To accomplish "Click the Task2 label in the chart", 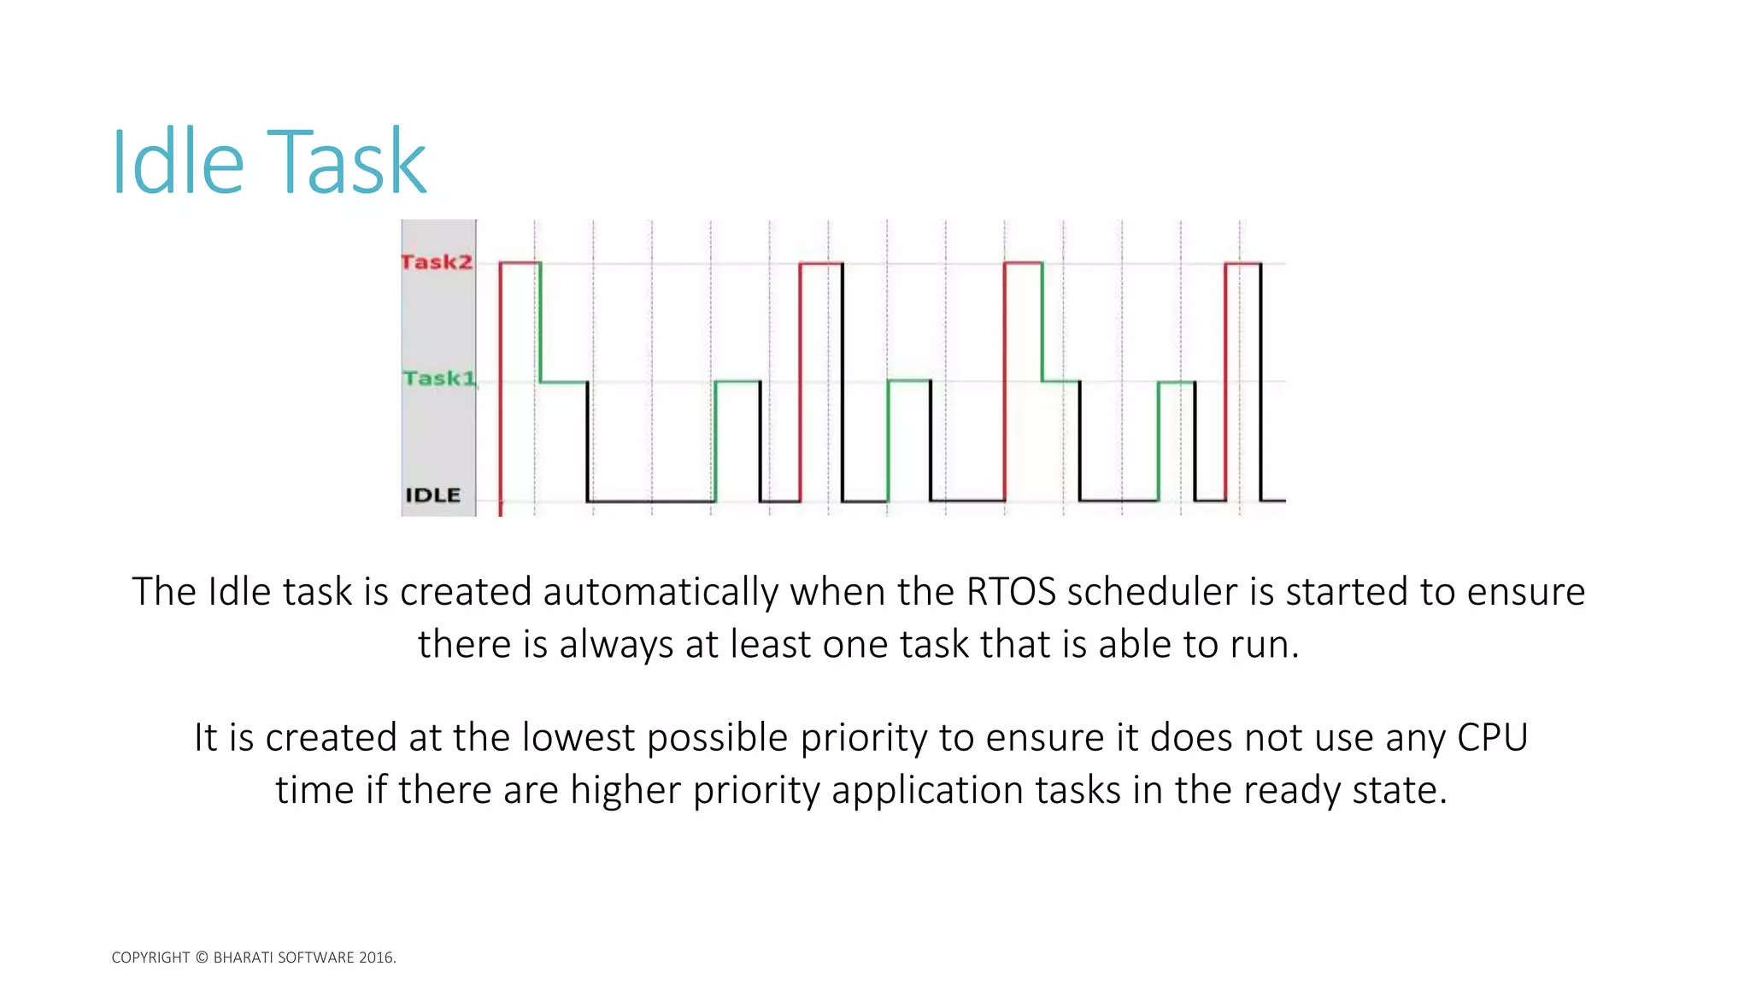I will point(437,261).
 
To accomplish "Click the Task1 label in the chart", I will point(438,378).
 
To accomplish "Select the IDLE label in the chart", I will point(432,495).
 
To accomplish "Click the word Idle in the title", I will point(178,162).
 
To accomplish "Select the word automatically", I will point(661,592).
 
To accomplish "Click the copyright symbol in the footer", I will point(202,958).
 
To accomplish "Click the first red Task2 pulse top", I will point(520,263).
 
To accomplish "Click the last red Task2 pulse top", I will point(1242,264).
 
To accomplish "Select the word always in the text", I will point(616,645).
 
